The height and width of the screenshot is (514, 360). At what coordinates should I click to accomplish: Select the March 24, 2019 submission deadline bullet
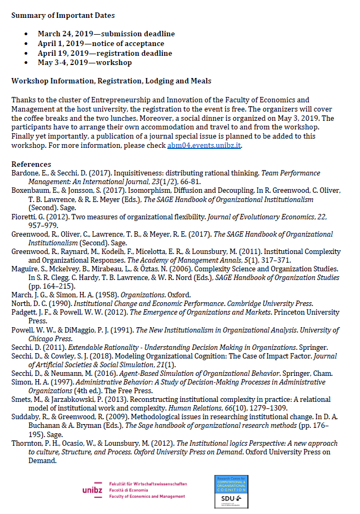(x=106, y=34)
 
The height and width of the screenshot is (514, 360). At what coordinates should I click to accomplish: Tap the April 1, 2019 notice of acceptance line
(x=101, y=43)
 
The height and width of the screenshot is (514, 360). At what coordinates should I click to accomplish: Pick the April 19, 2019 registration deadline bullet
(x=104, y=53)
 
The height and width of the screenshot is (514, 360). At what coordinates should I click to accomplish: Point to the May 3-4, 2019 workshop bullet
(x=84, y=62)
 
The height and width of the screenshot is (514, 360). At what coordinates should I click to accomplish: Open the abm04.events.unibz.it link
(x=204, y=146)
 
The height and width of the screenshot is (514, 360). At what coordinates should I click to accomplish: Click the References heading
(x=31, y=164)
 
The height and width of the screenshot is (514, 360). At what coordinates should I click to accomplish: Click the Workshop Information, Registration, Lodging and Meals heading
(x=111, y=81)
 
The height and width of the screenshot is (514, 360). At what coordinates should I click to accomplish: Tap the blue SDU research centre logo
(x=232, y=491)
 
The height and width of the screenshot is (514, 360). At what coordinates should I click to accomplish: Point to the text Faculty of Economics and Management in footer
(x=148, y=496)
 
